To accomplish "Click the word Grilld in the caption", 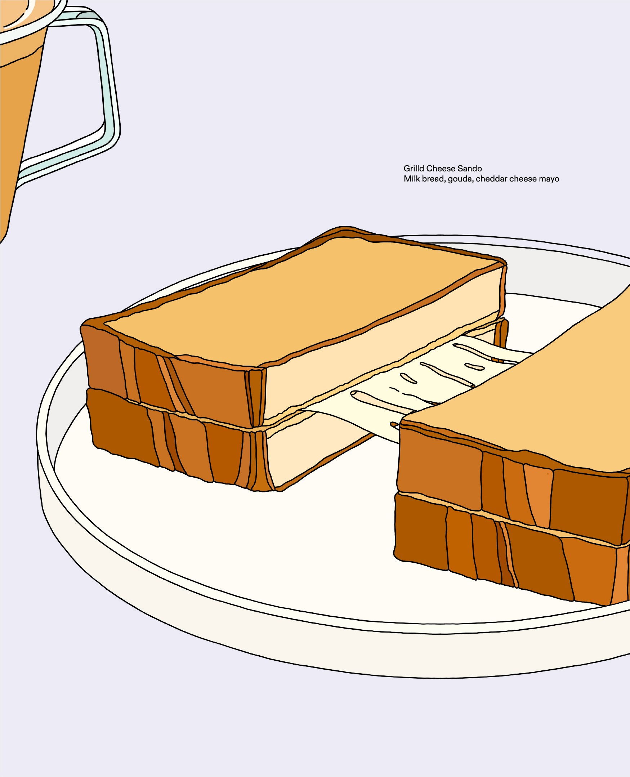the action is (x=414, y=168).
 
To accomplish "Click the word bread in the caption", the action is (x=432, y=179).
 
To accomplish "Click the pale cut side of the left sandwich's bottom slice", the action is (x=308, y=454).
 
